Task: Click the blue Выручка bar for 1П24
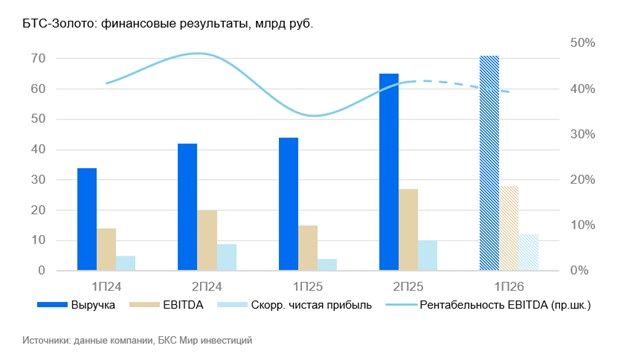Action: (x=87, y=219)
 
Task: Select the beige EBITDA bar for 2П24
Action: (x=207, y=240)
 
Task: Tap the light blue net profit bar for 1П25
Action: (x=327, y=265)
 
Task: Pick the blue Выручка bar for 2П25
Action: (x=389, y=172)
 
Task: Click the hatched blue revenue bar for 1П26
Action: (x=489, y=163)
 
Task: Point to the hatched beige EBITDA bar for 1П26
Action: (x=509, y=228)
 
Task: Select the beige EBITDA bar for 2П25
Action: (x=409, y=230)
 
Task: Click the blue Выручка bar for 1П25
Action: (x=289, y=204)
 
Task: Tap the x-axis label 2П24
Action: (x=207, y=286)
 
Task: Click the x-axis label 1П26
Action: (x=509, y=286)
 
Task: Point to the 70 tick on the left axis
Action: (x=38, y=58)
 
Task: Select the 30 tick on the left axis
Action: (x=38, y=179)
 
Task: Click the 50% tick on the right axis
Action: (x=583, y=43)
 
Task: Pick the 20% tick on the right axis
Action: (x=583, y=179)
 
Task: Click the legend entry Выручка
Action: (x=76, y=305)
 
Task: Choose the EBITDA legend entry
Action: (x=166, y=305)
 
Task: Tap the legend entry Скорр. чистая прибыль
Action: (x=294, y=305)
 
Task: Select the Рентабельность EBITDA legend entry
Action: (x=488, y=305)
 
